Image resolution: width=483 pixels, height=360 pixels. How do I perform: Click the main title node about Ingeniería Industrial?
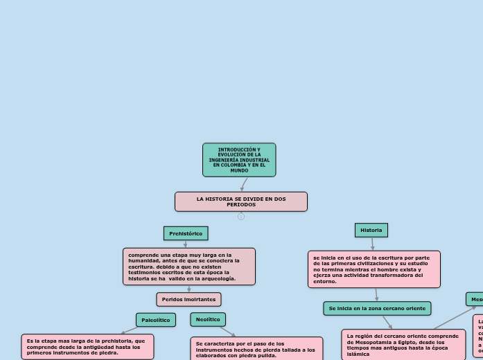coord(239,159)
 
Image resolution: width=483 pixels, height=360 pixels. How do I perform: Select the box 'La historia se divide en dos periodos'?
coord(240,201)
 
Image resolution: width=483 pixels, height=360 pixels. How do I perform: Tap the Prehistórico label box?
coord(186,233)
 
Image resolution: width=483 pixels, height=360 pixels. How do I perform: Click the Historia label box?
coord(371,230)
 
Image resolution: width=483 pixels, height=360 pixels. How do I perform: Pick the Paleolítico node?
coord(156,320)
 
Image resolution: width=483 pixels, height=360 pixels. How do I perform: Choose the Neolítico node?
coord(208,319)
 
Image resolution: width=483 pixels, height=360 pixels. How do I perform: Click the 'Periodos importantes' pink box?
coord(188,299)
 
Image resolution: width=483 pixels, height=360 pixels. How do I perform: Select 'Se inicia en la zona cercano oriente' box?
coord(377,308)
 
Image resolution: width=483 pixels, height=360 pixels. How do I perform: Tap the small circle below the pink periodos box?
coord(241,216)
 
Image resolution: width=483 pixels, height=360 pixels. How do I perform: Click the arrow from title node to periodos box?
coord(244,184)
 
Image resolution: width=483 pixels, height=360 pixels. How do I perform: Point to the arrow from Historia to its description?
coord(372,244)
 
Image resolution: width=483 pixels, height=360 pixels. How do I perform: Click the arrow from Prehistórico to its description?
coord(186,244)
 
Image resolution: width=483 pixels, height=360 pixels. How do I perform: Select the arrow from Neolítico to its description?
coord(228,332)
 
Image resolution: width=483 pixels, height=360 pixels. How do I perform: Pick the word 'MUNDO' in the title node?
coord(239,170)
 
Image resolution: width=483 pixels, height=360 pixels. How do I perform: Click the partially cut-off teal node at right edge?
coord(475,299)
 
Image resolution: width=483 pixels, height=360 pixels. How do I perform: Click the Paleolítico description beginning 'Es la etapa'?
coord(87,346)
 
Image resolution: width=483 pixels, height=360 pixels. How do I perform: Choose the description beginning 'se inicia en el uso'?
coord(374,269)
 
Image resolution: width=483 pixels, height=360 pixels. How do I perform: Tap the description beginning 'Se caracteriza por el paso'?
coord(256,349)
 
